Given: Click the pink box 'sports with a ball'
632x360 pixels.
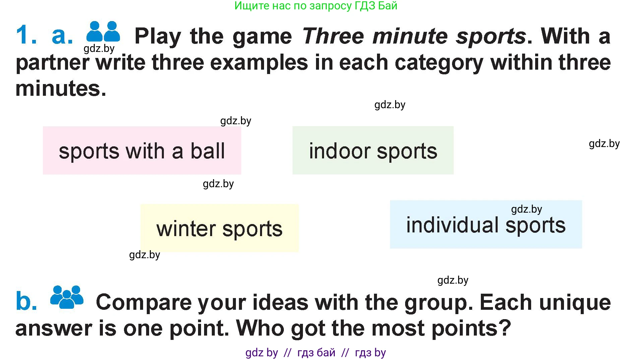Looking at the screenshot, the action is (x=142, y=150).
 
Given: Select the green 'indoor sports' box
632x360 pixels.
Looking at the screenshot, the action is (x=373, y=150).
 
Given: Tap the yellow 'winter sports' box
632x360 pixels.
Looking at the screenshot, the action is (x=219, y=228).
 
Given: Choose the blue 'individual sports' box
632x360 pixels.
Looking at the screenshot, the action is (x=486, y=224).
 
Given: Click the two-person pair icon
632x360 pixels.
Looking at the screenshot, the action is (x=103, y=31).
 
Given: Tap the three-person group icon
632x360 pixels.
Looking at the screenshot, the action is (x=67, y=297).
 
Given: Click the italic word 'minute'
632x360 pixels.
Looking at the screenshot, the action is (x=410, y=36).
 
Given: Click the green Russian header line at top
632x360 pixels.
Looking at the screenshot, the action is (x=316, y=6).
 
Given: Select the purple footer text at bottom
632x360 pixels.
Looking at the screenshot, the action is (x=316, y=353).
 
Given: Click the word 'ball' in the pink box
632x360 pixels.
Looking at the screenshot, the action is (x=208, y=151).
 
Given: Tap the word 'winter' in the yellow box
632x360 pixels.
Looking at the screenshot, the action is (x=186, y=229).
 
